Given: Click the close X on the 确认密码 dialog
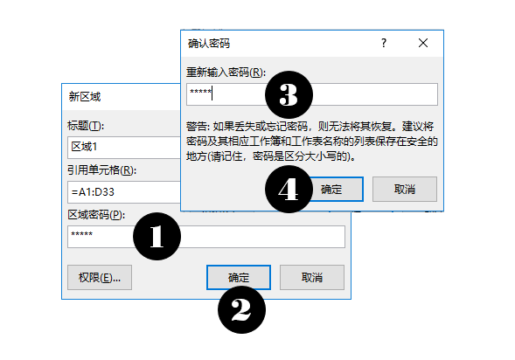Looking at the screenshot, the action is tap(423, 43).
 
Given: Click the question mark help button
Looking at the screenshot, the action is tap(384, 43).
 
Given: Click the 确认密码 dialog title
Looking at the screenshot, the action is tap(209, 44).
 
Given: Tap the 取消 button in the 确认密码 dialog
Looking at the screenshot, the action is tap(405, 189).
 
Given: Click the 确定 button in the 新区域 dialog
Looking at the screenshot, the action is tap(239, 278).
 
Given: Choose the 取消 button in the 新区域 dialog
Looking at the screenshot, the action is tap(312, 278).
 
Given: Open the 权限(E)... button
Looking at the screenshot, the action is tap(100, 278).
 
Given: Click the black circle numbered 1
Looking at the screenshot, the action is tap(157, 236).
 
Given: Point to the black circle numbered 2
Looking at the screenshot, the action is tap(241, 310).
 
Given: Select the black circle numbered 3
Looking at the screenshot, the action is tap(289, 95).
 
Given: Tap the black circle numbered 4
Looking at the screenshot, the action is tap(289, 189).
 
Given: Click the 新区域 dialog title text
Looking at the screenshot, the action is tap(85, 97).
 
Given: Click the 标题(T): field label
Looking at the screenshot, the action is tap(86, 125).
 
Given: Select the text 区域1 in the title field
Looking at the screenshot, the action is tap(84, 147).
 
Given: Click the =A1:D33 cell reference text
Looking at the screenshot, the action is tap(93, 191).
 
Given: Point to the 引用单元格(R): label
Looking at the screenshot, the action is tap(101, 170).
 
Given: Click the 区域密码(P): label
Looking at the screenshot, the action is tap(96, 215).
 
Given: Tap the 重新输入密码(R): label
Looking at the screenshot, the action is tap(226, 73).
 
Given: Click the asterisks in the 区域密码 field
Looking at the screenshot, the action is tap(82, 233).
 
